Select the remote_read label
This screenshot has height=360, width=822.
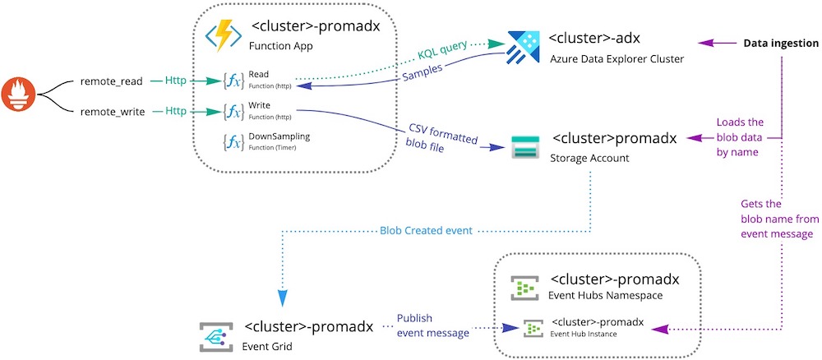[x=112, y=81]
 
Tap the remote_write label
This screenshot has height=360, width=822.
[x=112, y=109]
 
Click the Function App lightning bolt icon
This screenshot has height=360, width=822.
[x=223, y=37]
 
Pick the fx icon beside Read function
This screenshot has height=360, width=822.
[x=233, y=81]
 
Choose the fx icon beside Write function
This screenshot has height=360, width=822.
[x=233, y=109]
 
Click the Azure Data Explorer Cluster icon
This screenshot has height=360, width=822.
[x=523, y=46]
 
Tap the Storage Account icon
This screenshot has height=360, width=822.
[x=524, y=146]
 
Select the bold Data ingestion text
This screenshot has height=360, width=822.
[x=780, y=43]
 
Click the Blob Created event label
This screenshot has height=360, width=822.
[x=427, y=230]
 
